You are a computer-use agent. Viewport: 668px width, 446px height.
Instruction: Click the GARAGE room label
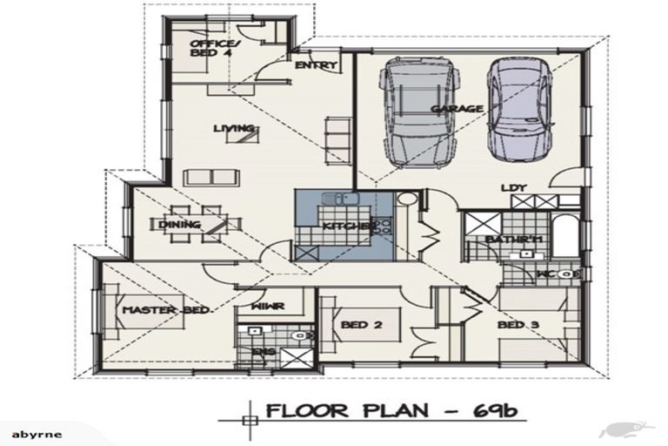(x=456, y=109)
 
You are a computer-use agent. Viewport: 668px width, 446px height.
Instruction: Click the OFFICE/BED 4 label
(x=211, y=48)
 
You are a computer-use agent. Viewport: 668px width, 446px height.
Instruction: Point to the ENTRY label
(x=315, y=66)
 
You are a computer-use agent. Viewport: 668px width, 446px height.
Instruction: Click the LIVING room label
(x=234, y=129)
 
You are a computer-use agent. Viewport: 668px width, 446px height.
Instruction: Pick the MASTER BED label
(x=153, y=311)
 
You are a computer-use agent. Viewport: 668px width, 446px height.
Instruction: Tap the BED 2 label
(x=357, y=325)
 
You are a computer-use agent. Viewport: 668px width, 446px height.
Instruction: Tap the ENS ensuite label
(x=263, y=352)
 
